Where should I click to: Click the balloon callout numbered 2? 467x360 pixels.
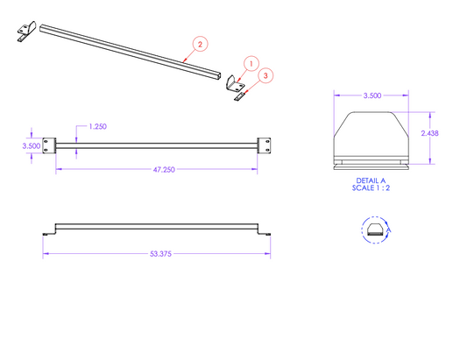[200, 44]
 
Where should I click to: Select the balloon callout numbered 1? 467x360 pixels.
[251, 64]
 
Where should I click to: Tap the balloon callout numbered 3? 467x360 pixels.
[265, 75]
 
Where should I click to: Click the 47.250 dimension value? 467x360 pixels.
[164, 169]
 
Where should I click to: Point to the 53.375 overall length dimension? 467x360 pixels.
[160, 254]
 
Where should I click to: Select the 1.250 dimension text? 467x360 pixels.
[97, 126]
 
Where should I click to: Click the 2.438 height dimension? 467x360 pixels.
[430, 133]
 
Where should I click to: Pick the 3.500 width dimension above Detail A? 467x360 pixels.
[372, 95]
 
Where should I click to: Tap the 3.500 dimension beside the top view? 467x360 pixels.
[32, 146]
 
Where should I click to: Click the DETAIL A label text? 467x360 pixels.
[371, 180]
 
